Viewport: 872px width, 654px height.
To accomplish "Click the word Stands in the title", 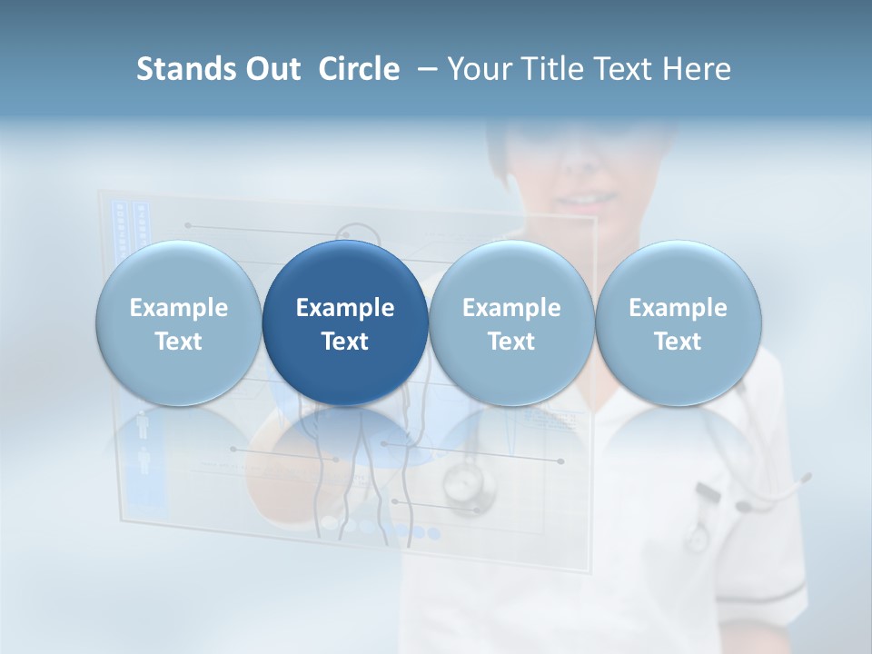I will (184, 69).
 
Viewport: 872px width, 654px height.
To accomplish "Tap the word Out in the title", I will (271, 69).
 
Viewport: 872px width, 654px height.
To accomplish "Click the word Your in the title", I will (478, 69).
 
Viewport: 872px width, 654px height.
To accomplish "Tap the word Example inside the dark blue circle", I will (345, 308).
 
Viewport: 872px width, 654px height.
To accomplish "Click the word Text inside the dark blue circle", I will (345, 342).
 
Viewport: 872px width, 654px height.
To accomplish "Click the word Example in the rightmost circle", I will (678, 308).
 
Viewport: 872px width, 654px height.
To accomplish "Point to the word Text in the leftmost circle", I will (178, 342).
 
